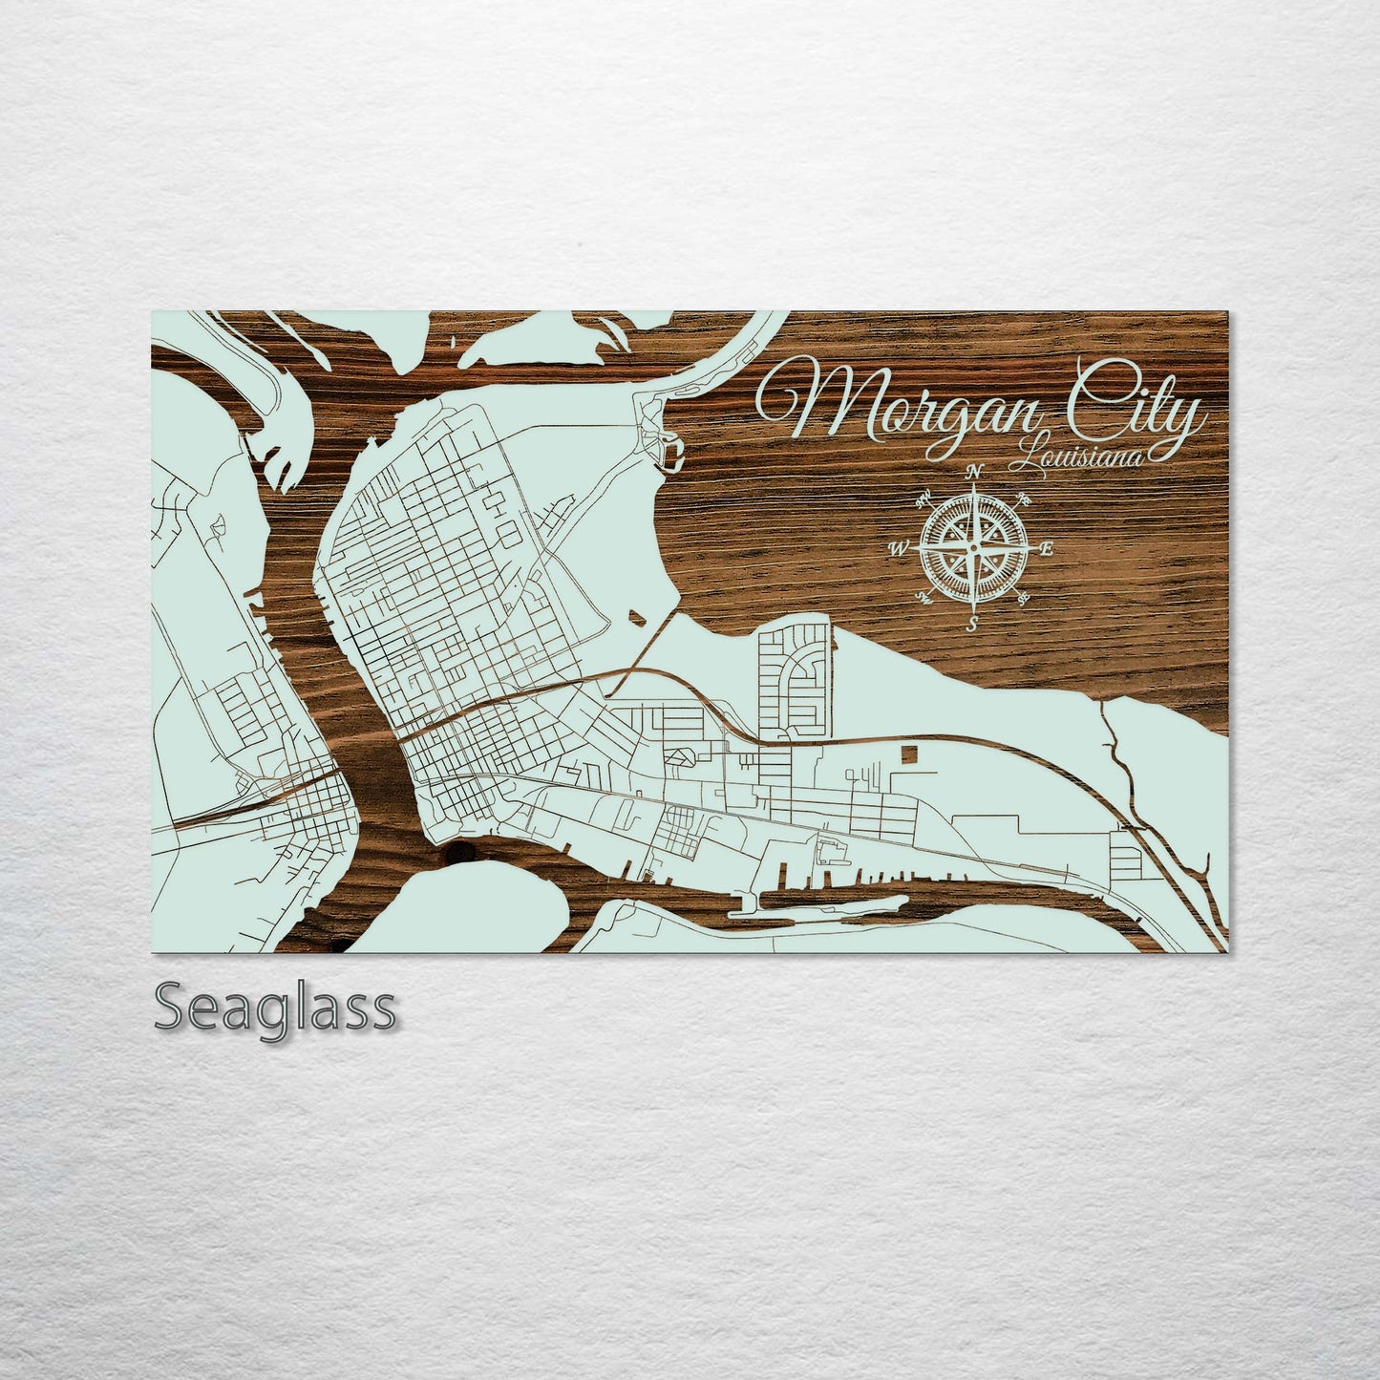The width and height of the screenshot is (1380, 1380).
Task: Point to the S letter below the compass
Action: coord(972,625)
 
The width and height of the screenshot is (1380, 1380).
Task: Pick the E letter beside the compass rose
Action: coord(1045,549)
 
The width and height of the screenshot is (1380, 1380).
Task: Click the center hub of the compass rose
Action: coord(973,548)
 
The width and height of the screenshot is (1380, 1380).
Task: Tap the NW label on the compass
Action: coord(924,498)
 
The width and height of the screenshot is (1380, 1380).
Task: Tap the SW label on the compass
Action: coord(924,599)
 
